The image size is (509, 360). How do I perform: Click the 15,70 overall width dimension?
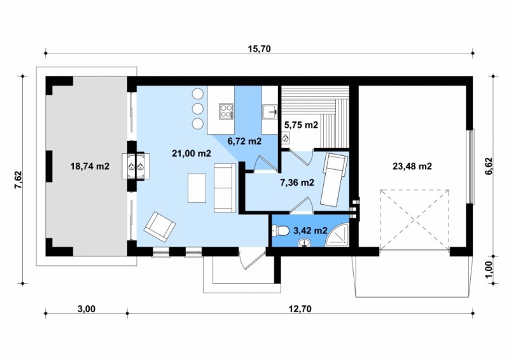point(259,49)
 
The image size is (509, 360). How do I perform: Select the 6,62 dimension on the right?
point(489,166)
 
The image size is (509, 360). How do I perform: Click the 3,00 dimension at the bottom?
point(87,308)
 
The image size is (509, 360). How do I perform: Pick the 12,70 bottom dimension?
point(300,308)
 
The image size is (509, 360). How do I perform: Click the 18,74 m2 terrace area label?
point(90,166)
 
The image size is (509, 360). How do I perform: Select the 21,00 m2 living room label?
point(192,153)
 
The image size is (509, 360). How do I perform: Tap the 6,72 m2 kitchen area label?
point(244,141)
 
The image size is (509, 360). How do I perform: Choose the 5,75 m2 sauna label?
point(301,124)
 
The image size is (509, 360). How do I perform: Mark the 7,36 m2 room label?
point(297,183)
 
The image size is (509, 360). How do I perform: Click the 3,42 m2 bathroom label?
point(310,230)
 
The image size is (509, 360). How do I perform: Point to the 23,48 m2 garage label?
point(412,166)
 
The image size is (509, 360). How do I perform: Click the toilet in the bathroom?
point(281,231)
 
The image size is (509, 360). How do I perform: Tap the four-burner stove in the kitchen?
point(227,111)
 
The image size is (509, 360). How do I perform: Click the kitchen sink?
point(270,112)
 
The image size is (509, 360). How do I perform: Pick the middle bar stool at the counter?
point(197,108)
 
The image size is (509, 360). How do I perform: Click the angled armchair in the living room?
point(160,226)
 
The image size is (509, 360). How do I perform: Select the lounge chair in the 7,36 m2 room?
point(334,179)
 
